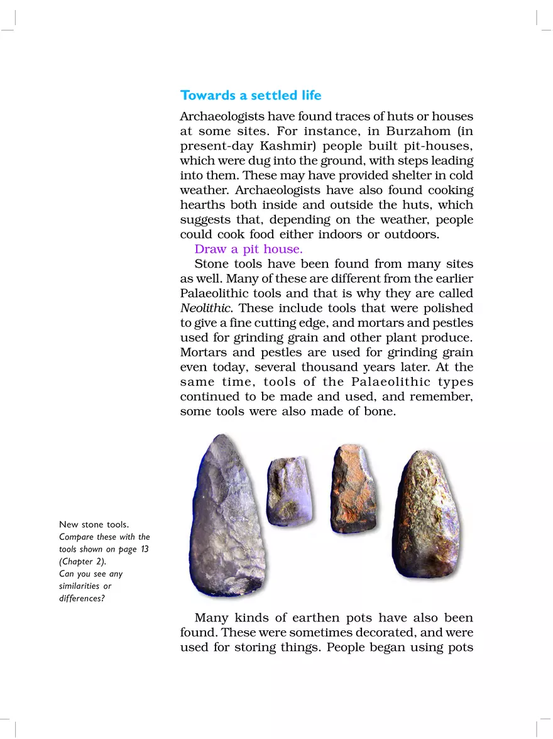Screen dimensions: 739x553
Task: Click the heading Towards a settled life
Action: [250, 96]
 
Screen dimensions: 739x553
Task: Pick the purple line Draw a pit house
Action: [248, 249]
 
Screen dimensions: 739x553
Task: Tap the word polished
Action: [447, 308]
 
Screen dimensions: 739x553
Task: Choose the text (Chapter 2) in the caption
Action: [83, 561]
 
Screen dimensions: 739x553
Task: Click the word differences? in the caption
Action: [82, 598]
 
